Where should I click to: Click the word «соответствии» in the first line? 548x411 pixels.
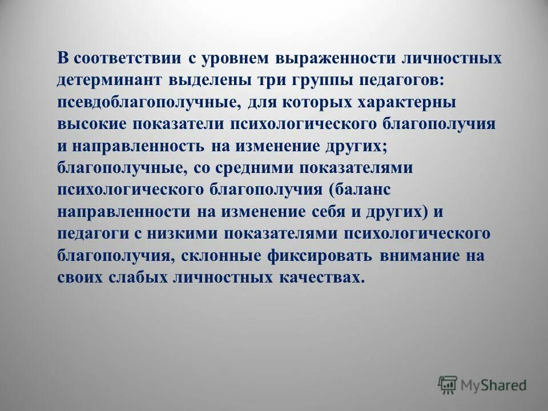pos(127,59)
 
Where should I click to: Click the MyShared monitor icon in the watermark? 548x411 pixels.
pos(448,384)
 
